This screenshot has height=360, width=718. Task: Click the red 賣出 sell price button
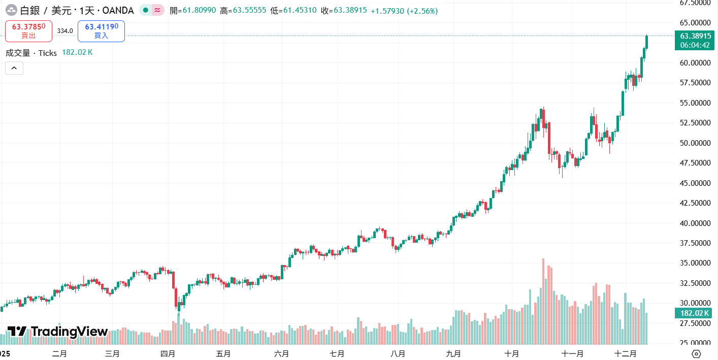(28, 31)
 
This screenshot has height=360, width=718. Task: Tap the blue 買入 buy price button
(101, 31)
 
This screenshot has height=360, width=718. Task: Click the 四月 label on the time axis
(168, 354)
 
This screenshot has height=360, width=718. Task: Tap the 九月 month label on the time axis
(453, 354)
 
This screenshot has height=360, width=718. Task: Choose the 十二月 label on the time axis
(625, 354)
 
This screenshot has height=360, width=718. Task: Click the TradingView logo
(58, 332)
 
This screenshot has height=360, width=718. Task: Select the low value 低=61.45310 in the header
(293, 11)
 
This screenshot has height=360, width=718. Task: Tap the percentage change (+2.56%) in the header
(422, 11)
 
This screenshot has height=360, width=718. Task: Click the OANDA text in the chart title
(118, 11)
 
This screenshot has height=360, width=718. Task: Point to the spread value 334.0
(65, 31)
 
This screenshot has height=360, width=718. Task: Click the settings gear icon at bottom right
(696, 354)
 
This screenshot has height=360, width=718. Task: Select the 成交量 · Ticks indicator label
(31, 53)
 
